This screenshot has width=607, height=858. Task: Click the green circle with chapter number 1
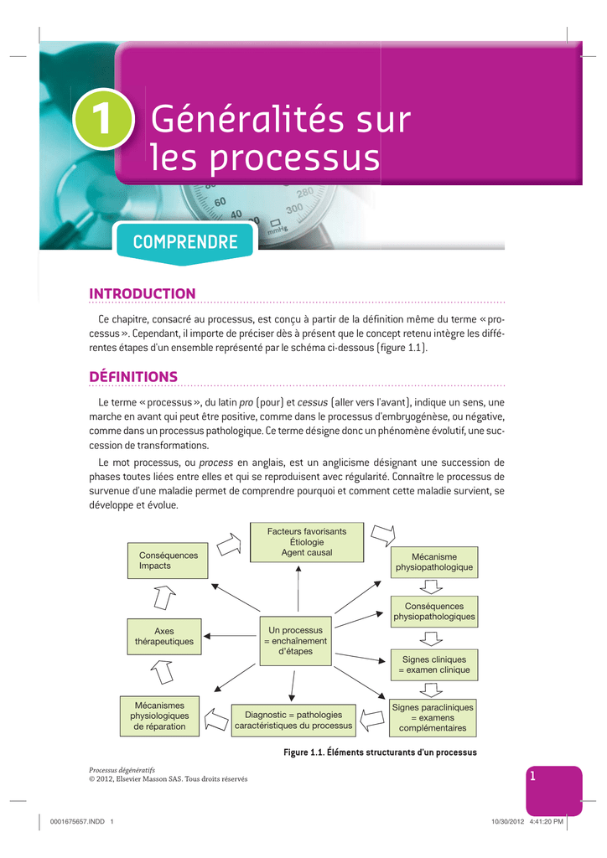click(x=103, y=119)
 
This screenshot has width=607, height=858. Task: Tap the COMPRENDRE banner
click(x=185, y=242)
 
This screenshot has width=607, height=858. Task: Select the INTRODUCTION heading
click(x=143, y=294)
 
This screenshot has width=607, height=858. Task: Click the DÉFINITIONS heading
click(x=133, y=376)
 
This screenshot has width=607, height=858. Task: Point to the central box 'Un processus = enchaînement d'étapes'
click(x=296, y=641)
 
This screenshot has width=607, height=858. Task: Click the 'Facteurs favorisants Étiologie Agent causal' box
click(x=307, y=542)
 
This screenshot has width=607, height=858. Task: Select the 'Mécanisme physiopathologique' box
click(x=434, y=562)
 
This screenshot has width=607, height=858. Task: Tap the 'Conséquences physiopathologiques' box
click(x=434, y=611)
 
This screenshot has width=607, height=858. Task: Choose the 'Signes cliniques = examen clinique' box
click(x=434, y=664)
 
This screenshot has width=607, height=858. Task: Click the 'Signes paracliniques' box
click(x=433, y=717)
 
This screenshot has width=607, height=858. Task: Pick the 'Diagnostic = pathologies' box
click(x=293, y=720)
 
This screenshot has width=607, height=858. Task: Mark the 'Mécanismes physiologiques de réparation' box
click(x=159, y=716)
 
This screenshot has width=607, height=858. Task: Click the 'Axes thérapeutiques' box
click(x=164, y=637)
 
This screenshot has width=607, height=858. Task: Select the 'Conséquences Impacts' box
click(x=168, y=561)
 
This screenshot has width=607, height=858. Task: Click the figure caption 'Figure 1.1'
click(x=380, y=752)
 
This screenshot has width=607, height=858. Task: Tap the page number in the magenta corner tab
click(x=532, y=775)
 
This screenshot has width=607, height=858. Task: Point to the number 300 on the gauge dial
click(x=294, y=209)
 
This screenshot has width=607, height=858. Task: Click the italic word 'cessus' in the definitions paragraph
click(x=312, y=403)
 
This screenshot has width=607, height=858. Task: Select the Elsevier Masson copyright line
click(x=168, y=778)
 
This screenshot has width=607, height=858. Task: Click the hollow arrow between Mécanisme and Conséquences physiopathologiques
click(x=431, y=587)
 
